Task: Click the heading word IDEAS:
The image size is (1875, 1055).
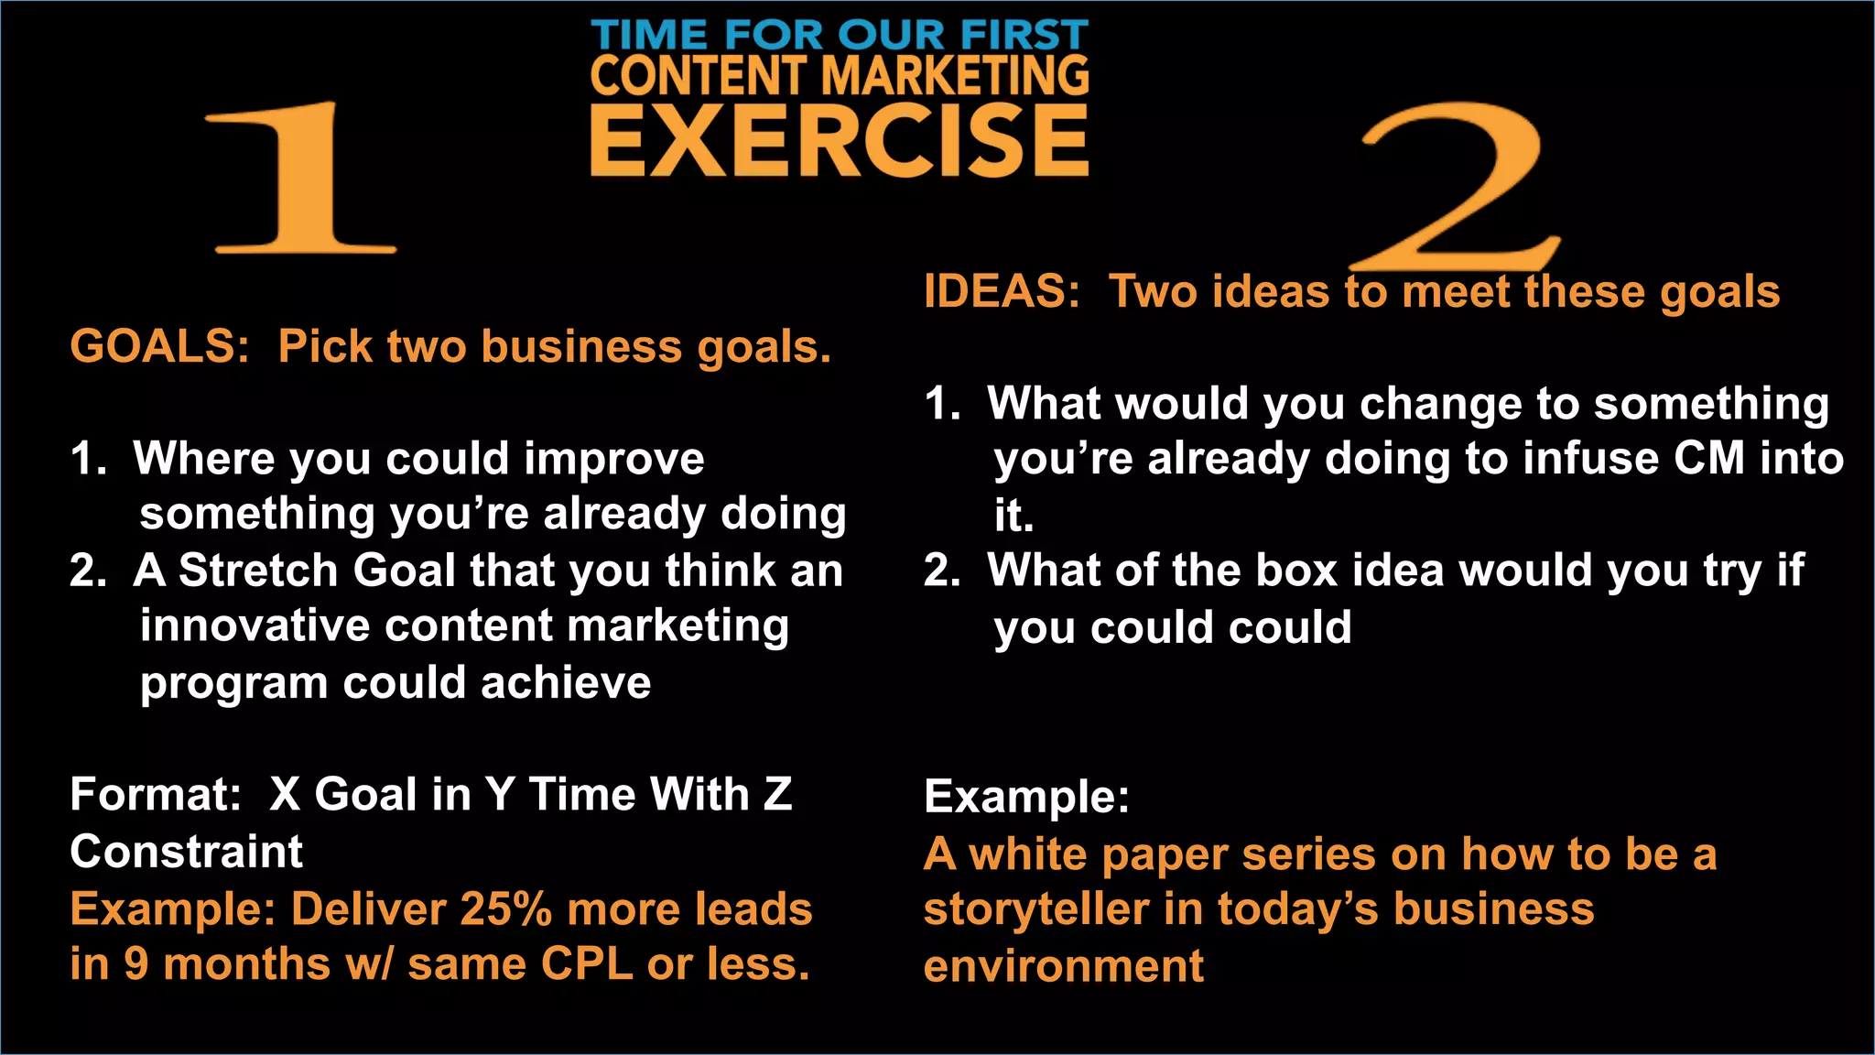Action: tap(1002, 292)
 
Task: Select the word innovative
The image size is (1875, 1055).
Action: tap(255, 626)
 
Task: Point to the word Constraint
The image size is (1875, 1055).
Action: tap(186, 852)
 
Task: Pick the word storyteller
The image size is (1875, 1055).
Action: tap(1035, 909)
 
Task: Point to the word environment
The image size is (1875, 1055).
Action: tap(1063, 966)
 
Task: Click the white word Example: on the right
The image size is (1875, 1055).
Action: tap(1026, 796)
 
